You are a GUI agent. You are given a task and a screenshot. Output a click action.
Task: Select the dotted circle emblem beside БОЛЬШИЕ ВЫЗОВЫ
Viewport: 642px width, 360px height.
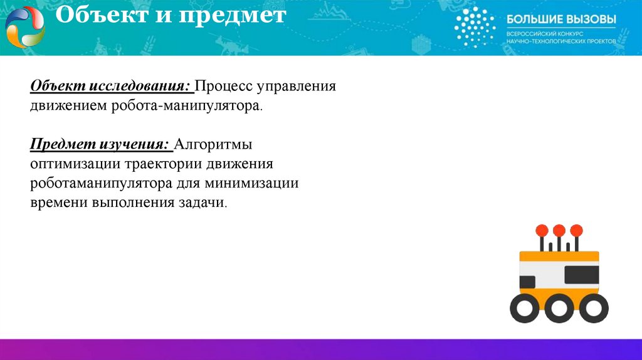coord(475,27)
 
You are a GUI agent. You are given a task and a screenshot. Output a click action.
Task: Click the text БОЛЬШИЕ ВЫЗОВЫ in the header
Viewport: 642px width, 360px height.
coord(560,19)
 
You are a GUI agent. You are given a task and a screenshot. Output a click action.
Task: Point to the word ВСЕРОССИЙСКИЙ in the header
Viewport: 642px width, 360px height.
coord(530,33)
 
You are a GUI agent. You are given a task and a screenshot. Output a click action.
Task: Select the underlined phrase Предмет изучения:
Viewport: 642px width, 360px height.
coord(100,146)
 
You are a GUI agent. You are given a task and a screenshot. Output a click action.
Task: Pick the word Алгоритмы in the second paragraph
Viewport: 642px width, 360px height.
coord(213,146)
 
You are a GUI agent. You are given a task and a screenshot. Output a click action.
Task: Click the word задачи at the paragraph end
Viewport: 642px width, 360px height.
coord(201,204)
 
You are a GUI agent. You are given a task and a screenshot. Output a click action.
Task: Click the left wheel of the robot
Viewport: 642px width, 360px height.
coord(522,309)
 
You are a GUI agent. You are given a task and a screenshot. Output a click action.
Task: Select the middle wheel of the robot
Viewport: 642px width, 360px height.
coord(557,309)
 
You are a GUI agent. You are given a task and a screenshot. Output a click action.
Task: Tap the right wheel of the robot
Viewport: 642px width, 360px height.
coord(592,309)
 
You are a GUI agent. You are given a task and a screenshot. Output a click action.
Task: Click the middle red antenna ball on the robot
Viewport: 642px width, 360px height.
coord(559,230)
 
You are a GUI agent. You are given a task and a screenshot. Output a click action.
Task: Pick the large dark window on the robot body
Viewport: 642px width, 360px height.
coord(581,275)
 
